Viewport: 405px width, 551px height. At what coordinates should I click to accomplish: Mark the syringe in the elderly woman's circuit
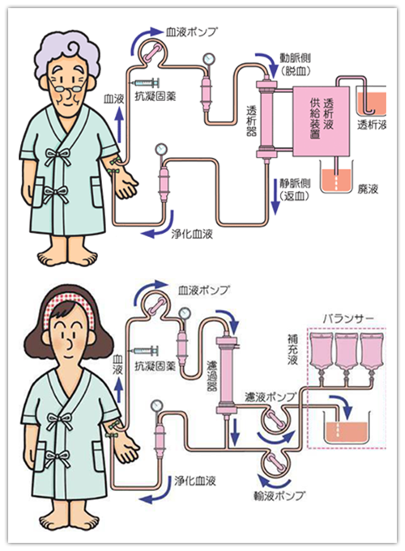coord(147,84)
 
